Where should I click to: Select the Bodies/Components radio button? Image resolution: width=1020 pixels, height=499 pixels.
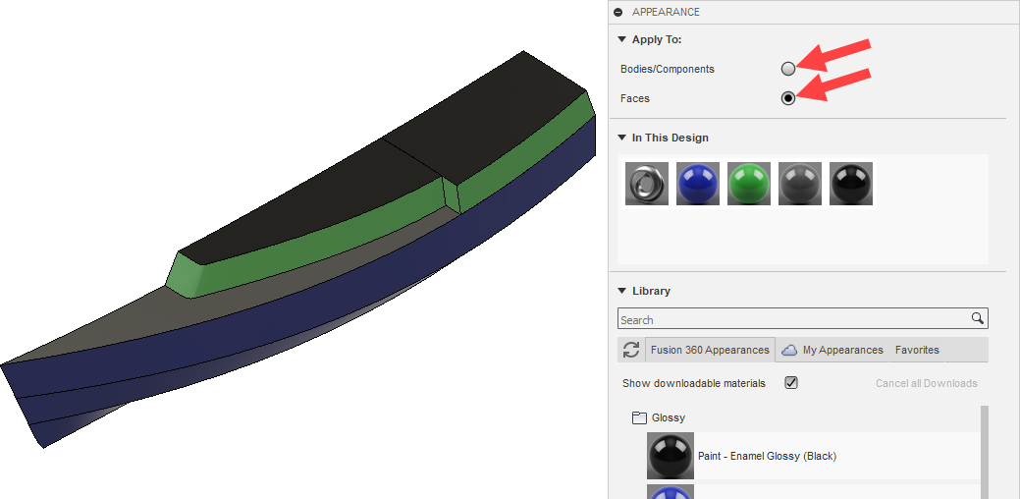787,69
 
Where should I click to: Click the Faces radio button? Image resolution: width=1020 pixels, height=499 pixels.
787,98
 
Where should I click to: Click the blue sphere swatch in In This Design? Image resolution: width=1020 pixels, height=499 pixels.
698,184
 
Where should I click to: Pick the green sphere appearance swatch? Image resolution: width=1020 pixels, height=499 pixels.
749,184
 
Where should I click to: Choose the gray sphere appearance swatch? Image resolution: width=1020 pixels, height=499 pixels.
800,184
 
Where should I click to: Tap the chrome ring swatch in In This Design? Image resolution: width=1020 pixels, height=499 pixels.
647,184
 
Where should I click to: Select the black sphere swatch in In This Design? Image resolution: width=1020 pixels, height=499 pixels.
851,184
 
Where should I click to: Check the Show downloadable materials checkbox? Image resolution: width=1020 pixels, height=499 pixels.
791,383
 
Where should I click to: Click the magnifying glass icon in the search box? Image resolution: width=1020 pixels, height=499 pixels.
977,319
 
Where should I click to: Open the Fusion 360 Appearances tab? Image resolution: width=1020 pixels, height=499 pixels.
710,350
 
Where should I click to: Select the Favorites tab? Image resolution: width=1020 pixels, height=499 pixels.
917,350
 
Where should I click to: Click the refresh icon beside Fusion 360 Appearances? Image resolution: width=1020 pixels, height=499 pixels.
631,350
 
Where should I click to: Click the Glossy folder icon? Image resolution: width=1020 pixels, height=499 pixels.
639,417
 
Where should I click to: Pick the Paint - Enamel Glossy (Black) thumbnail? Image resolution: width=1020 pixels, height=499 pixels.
671,456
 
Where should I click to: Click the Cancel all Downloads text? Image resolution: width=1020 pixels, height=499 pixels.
926,383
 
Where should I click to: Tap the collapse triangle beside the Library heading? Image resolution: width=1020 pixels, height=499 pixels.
621,291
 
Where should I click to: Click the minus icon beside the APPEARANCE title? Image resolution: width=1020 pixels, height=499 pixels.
617,12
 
